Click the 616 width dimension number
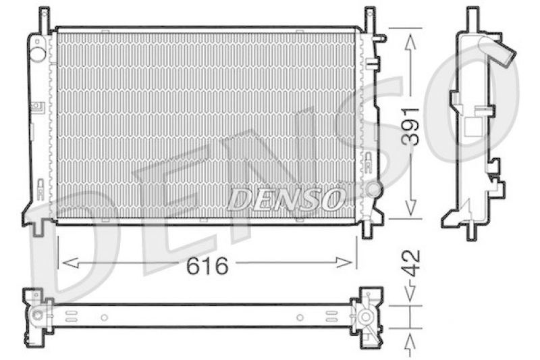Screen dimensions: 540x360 click(207, 265)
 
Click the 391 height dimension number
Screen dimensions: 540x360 click(412, 126)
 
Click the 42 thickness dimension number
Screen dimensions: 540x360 click(412, 263)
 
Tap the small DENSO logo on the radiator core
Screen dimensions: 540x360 click(286, 199)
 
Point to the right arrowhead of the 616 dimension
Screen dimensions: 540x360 click(345, 263)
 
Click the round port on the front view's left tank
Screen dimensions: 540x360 click(38, 54)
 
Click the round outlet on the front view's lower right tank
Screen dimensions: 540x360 click(373, 189)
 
